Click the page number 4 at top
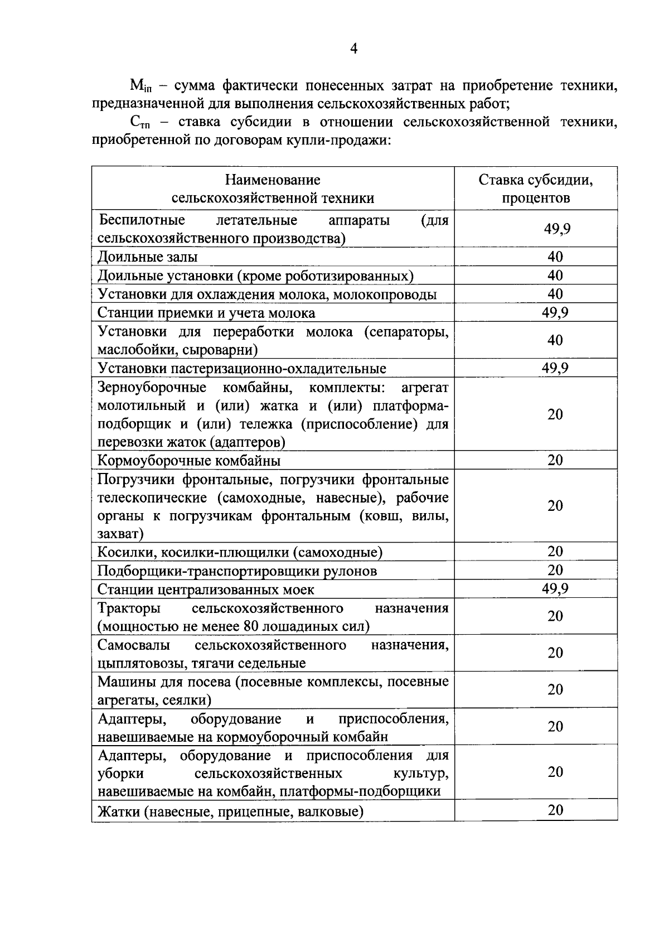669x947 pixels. coord(353,49)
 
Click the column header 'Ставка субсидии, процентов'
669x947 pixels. coord(535,189)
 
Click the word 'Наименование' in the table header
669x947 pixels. coord(273,180)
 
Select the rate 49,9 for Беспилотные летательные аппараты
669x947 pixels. coord(555,229)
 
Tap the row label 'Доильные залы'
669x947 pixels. coord(148,257)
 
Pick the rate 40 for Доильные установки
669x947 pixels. coord(555,275)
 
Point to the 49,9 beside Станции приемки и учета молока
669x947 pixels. coord(555,312)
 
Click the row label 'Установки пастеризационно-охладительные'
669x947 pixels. coord(242,368)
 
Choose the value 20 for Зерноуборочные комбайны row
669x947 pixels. coord(555,414)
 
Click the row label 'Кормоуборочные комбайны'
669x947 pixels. coord(189,461)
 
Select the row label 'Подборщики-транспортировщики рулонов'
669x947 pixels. coord(237,571)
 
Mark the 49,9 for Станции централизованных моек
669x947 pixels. coord(555,589)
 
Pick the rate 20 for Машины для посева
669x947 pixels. coord(555,690)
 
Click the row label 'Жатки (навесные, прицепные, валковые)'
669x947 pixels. coord(230,811)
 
